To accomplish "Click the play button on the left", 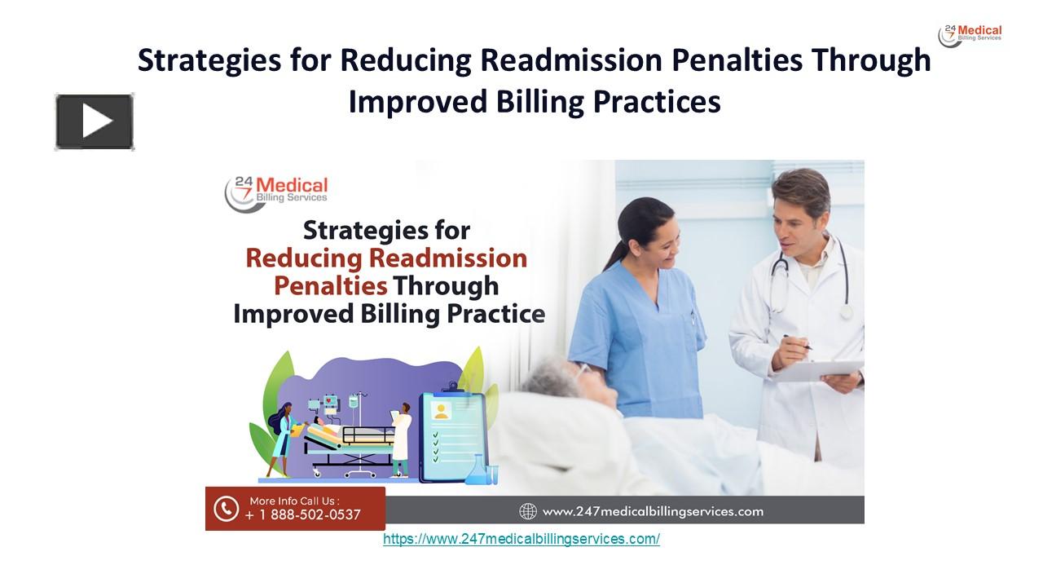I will point(95,122).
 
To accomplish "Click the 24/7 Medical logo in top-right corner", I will point(970,35).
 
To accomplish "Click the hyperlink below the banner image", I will point(521,539).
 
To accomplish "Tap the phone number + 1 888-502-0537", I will point(302,514).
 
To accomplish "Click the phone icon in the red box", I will point(226,509).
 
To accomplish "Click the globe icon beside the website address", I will point(528,511).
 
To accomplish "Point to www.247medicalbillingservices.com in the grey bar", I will point(653,511).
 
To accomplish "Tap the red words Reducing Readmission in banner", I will point(386,258).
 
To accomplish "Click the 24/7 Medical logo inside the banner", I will point(277,193).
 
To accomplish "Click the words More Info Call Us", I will point(294,500).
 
